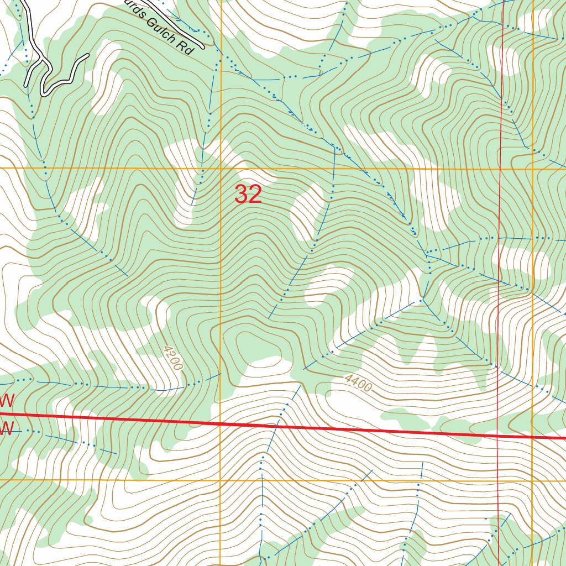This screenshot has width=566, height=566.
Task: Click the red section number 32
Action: (248, 195)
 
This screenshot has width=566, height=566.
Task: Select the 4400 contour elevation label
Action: (357, 382)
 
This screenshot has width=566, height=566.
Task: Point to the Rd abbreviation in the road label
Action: (188, 48)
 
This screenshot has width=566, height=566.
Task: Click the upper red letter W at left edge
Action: (7, 400)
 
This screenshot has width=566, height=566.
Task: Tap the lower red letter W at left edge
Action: (7, 427)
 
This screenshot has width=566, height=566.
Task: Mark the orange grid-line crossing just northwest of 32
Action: (221, 167)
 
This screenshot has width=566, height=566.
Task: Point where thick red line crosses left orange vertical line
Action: (221, 423)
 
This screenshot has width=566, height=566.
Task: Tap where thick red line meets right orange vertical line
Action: (533, 437)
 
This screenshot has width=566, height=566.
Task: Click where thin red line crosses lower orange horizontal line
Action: (497, 480)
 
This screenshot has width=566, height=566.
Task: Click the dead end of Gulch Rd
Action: (202, 46)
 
